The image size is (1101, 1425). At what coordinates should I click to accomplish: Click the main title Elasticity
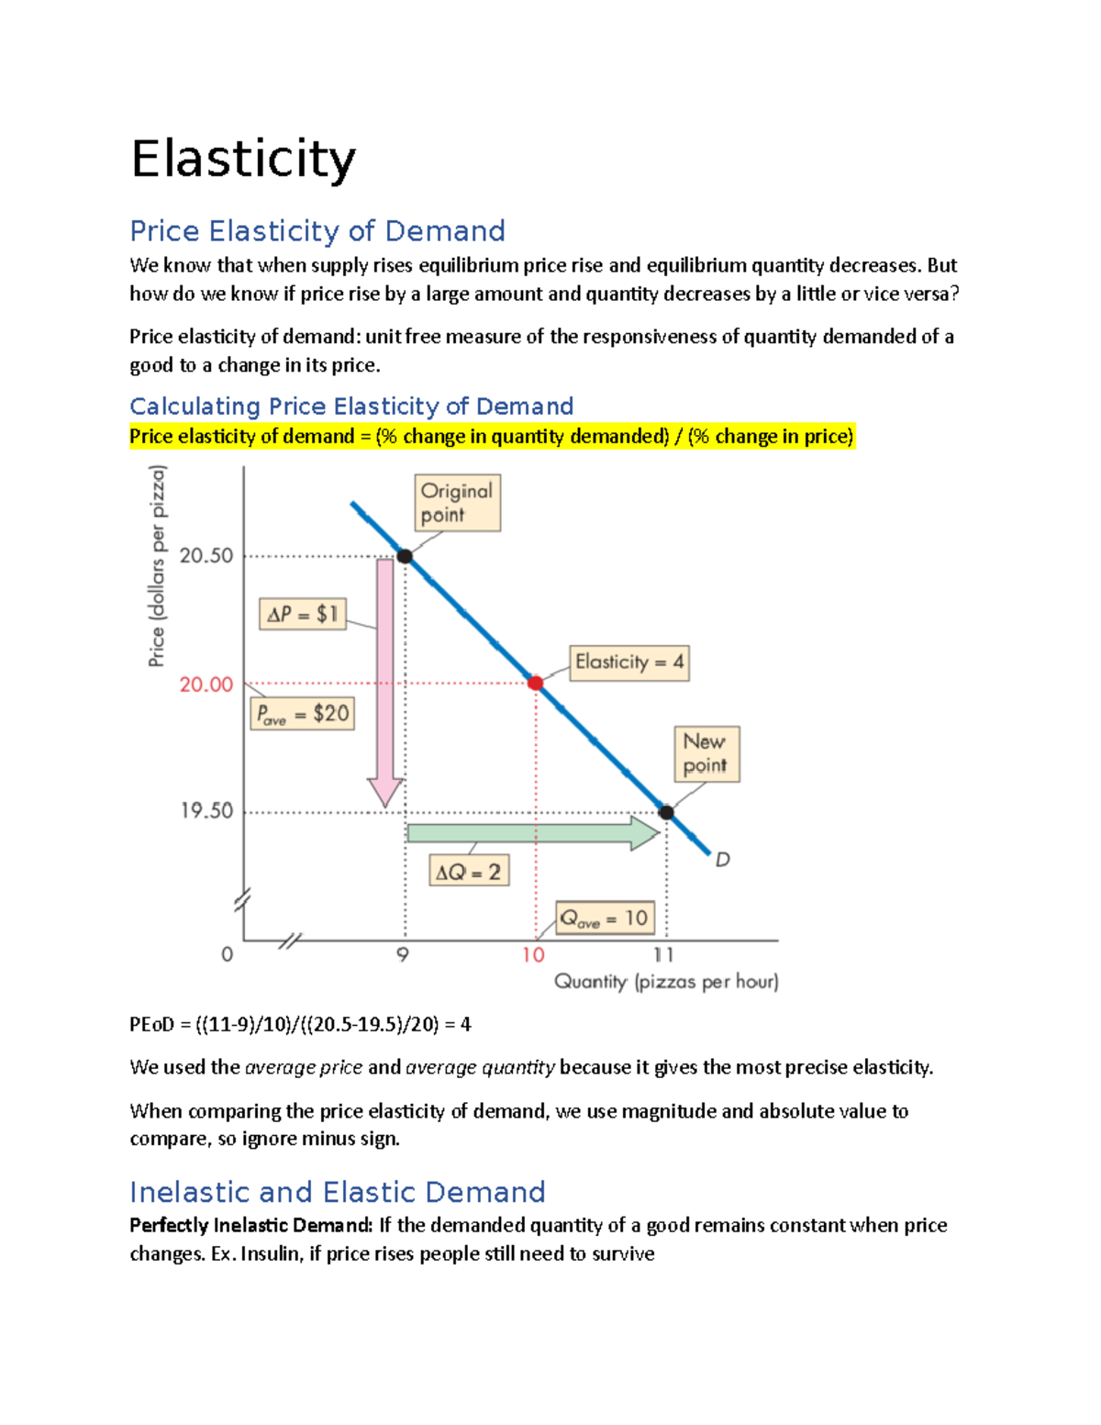[x=243, y=159]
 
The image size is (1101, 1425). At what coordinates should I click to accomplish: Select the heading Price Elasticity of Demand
[x=317, y=230]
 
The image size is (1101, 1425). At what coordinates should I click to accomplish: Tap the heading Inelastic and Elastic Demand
[x=337, y=1191]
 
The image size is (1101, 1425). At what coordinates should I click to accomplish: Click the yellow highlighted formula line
[x=491, y=436]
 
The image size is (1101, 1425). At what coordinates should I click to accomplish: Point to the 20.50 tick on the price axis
[x=206, y=555]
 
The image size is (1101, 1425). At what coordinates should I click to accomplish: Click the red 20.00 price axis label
[x=206, y=685]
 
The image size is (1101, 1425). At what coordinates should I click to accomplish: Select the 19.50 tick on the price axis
[x=206, y=810]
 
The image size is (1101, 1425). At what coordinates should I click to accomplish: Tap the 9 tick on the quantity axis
[x=403, y=954]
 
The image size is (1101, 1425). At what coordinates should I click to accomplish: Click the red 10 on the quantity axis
[x=533, y=954]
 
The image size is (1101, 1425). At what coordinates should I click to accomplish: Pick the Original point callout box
[x=457, y=503]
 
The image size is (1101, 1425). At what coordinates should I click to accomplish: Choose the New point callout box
[x=706, y=753]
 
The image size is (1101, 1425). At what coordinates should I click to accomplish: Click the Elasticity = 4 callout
[x=629, y=662]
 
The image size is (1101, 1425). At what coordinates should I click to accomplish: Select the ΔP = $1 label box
[x=303, y=614]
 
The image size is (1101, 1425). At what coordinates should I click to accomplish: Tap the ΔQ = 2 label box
[x=468, y=871]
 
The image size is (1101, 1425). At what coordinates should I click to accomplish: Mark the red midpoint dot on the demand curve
[x=536, y=683]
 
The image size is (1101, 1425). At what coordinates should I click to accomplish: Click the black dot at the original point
[x=405, y=556]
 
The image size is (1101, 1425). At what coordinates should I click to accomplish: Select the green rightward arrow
[x=532, y=832]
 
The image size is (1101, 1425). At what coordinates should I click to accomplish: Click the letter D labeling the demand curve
[x=723, y=860]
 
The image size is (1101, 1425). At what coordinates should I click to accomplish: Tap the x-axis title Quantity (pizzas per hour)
[x=666, y=982]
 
